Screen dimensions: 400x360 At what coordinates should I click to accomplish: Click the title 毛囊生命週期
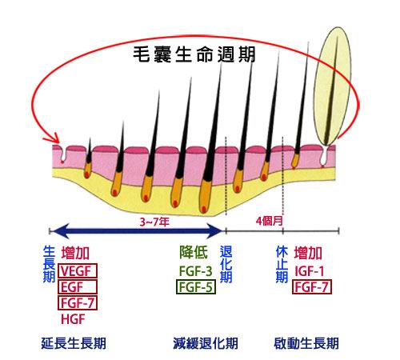click(194, 54)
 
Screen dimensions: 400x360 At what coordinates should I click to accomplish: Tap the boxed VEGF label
click(78, 271)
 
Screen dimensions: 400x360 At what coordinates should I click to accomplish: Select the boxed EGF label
click(78, 287)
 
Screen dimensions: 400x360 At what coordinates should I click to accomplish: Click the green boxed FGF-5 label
click(196, 287)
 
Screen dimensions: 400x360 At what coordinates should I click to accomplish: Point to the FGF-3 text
click(196, 271)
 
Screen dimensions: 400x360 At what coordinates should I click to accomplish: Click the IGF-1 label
click(310, 271)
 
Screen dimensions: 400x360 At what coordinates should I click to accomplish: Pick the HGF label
click(73, 319)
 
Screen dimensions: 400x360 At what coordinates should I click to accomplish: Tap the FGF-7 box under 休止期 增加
click(312, 287)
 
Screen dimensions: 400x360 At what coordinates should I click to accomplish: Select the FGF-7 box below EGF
click(78, 303)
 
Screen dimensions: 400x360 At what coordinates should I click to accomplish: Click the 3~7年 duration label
click(154, 222)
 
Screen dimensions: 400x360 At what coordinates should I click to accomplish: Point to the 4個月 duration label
click(270, 221)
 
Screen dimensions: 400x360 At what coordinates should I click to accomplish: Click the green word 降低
click(194, 252)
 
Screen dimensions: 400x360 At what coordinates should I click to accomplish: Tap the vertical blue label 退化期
click(226, 264)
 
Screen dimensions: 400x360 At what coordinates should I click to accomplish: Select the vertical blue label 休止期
click(282, 264)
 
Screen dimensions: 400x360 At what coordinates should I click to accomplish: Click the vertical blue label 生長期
click(49, 264)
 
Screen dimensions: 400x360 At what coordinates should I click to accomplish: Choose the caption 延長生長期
click(74, 343)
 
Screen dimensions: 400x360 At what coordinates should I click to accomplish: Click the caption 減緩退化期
click(206, 343)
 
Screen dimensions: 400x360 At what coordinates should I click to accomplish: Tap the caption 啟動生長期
click(306, 343)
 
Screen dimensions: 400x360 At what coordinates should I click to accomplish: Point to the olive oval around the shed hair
click(332, 86)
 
